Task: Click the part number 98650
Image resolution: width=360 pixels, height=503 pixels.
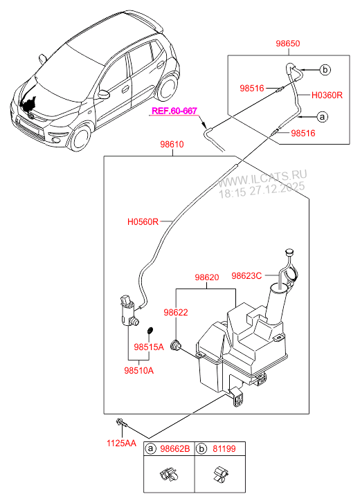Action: coord(287,43)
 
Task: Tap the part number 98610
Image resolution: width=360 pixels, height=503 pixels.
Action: coord(171,145)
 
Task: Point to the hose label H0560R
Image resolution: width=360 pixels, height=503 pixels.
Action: coord(143,222)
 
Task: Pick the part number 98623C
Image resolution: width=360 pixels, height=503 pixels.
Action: coord(246,275)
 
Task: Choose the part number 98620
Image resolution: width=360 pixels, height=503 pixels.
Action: coord(206,277)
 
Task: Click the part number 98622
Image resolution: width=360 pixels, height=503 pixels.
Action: coord(176,312)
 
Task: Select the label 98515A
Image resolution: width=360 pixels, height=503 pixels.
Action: coord(149,347)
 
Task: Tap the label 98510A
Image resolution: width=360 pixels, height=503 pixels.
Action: coord(139,370)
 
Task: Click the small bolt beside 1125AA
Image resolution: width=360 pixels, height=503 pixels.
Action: coord(122,422)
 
